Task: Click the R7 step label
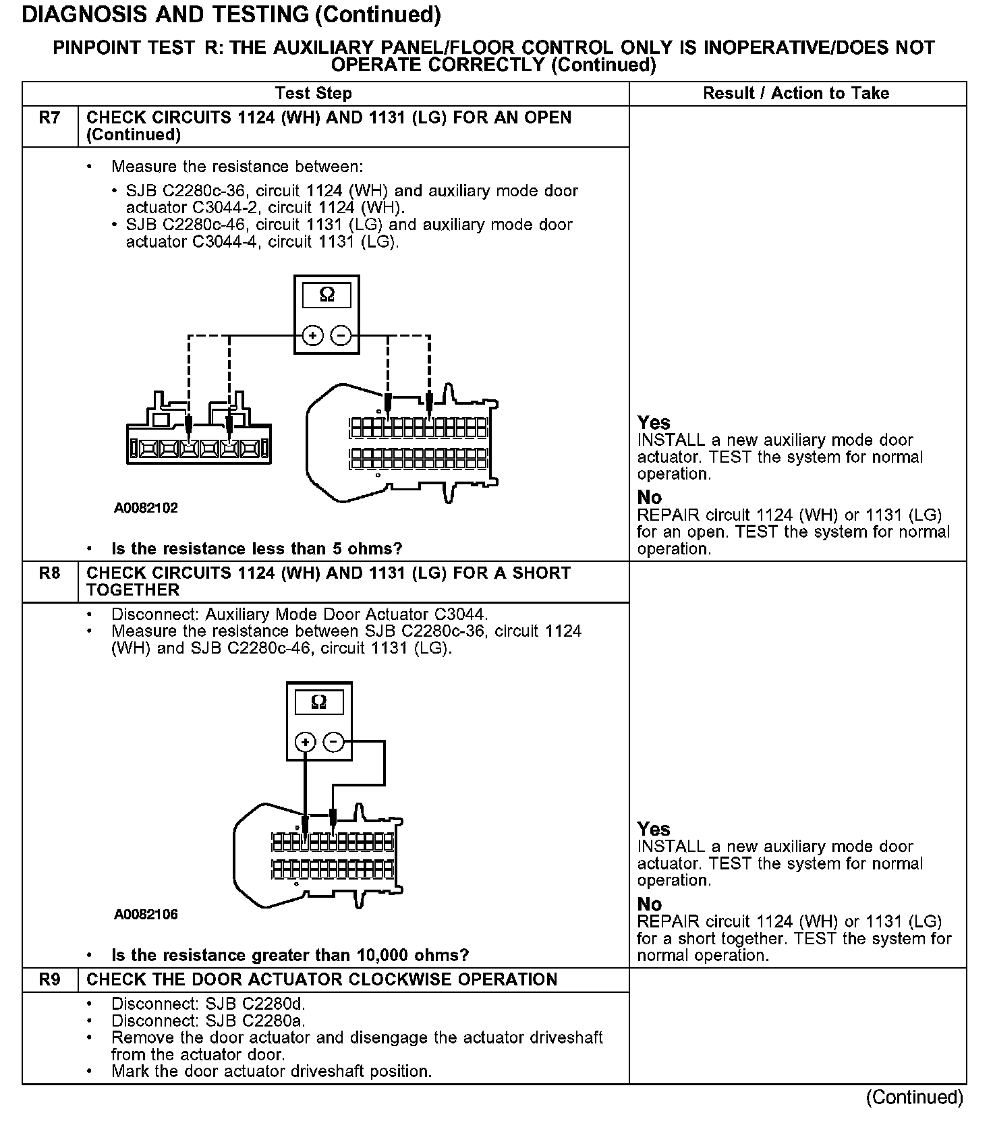(x=49, y=118)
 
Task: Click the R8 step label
(x=49, y=573)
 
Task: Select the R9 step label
(x=49, y=979)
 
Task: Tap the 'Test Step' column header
(x=313, y=94)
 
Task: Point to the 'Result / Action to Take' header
(x=796, y=94)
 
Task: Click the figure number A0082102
(x=146, y=508)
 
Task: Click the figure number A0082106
(x=146, y=915)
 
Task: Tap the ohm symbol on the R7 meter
(x=327, y=295)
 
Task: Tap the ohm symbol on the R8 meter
(x=319, y=702)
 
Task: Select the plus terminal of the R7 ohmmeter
(x=312, y=335)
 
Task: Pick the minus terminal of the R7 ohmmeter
(x=342, y=335)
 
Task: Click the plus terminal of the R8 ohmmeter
(x=306, y=743)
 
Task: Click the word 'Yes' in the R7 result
(x=654, y=423)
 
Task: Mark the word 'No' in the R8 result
(x=650, y=904)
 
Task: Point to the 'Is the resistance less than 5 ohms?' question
(x=256, y=548)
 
